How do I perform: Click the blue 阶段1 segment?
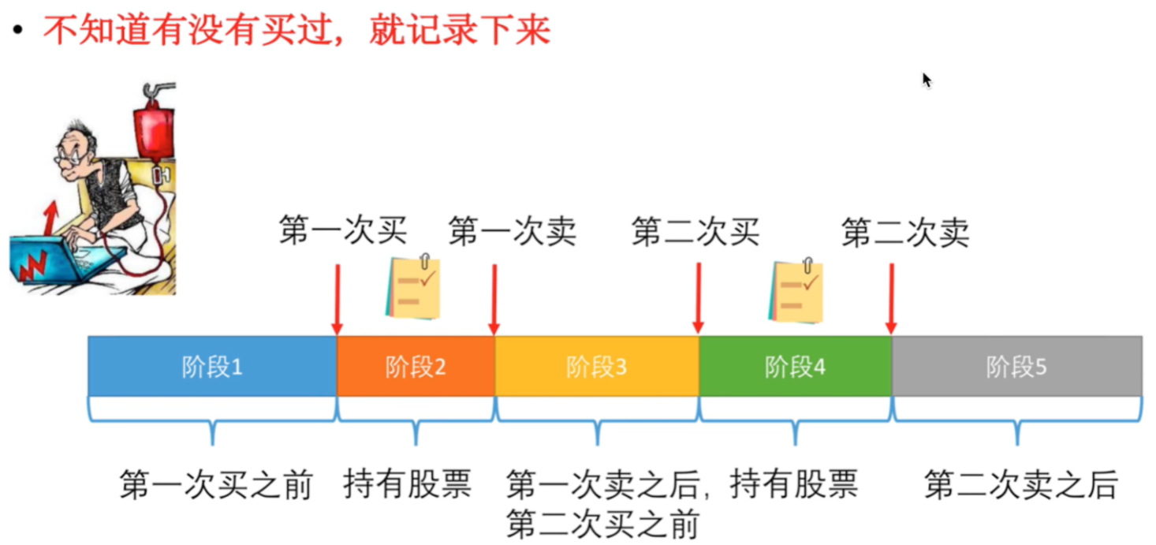(212, 367)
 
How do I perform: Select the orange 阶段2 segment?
(416, 367)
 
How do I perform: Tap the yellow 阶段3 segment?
(596, 367)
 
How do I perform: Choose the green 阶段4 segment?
(795, 367)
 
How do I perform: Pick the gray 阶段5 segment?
(1016, 367)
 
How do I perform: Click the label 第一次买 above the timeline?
(342, 232)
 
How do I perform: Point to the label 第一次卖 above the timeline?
(512, 232)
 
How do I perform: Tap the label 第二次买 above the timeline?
(695, 232)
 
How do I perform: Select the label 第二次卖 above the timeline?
(904, 232)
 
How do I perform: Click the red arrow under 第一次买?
(337, 300)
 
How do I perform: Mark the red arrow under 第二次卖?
(891, 300)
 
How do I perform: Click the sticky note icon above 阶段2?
(413, 287)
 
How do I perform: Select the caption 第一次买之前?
(216, 484)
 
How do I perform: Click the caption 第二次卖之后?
(1020, 484)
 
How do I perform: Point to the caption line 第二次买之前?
(602, 524)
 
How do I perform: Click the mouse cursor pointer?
(927, 80)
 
